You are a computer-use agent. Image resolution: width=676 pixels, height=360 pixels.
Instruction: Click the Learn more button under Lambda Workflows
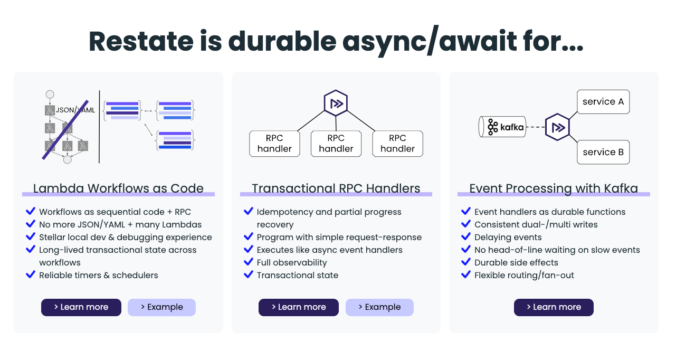click(x=81, y=307)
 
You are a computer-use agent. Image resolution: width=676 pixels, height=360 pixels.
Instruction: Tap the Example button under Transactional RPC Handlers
click(x=379, y=307)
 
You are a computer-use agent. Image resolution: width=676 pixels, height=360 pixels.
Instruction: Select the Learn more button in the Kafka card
click(x=554, y=307)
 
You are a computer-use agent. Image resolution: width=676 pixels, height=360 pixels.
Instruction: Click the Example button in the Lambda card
click(x=161, y=307)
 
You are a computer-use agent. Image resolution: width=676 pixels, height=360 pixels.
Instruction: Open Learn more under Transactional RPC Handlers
click(x=299, y=307)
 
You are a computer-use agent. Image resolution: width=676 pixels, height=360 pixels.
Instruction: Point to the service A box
click(x=603, y=102)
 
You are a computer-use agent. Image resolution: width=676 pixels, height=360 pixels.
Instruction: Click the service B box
click(x=603, y=152)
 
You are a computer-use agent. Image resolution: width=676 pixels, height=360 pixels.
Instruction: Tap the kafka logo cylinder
click(x=502, y=127)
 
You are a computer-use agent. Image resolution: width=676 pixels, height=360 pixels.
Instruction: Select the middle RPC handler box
click(x=336, y=144)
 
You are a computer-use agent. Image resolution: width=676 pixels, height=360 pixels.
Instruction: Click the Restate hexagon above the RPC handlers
click(x=336, y=103)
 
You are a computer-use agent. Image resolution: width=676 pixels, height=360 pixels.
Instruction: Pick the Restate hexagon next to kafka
click(x=558, y=127)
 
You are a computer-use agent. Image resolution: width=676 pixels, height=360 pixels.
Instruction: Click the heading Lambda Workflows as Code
click(x=118, y=188)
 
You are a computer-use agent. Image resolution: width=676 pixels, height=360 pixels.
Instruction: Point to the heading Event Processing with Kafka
click(x=554, y=188)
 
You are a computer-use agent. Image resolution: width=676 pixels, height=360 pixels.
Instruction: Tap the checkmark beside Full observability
click(x=249, y=262)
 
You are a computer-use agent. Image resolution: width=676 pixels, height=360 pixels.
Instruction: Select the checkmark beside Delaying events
click(x=466, y=236)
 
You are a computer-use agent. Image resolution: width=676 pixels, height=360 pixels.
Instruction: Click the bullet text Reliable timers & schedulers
click(x=99, y=275)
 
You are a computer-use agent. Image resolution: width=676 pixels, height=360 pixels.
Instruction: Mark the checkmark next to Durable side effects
click(x=466, y=262)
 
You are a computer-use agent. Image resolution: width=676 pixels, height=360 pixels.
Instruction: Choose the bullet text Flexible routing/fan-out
click(x=524, y=275)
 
